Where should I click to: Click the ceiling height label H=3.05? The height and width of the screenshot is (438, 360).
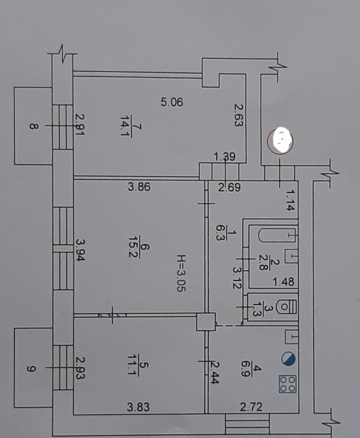click(181, 273)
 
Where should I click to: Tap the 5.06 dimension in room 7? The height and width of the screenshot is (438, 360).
click(172, 102)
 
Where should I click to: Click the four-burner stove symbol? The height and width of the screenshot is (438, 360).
click(287, 384)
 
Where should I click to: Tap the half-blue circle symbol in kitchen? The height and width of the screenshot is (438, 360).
click(288, 359)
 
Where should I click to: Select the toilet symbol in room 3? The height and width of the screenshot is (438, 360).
click(286, 307)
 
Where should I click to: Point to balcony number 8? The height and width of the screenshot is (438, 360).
click(34, 126)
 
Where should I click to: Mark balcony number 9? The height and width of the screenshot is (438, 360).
click(31, 369)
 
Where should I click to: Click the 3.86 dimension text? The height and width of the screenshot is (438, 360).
click(139, 186)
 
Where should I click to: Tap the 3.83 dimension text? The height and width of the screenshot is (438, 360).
click(139, 407)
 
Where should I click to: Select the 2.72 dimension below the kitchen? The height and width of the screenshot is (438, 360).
click(251, 407)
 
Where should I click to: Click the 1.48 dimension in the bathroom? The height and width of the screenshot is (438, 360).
click(284, 282)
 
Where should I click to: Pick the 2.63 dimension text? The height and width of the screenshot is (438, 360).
click(237, 115)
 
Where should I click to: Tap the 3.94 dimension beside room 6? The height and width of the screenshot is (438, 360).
click(80, 250)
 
